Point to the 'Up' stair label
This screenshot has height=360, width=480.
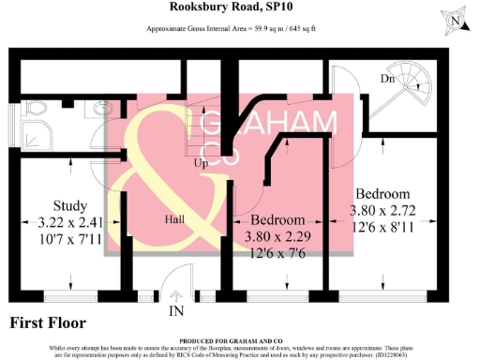(x=200, y=162)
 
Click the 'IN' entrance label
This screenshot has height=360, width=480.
(x=175, y=309)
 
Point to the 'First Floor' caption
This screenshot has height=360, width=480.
(x=48, y=323)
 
